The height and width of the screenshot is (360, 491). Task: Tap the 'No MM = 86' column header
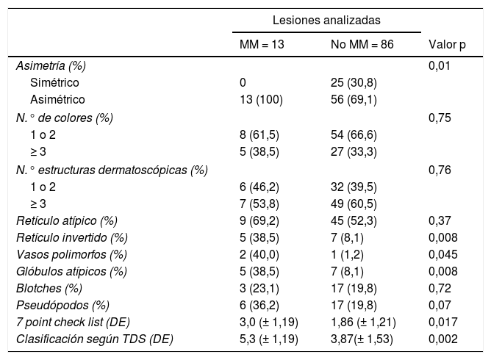pyautogui.click(x=362, y=45)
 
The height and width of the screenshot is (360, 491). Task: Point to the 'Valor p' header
pyautogui.click(x=447, y=45)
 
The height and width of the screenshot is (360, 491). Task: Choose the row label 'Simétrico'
pyautogui.click(x=55, y=82)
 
